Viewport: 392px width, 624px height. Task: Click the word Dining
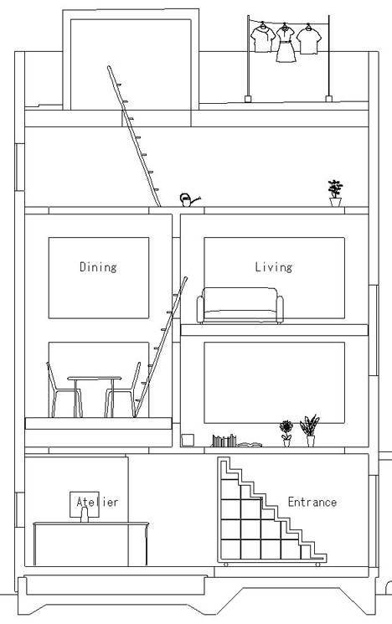[98, 266]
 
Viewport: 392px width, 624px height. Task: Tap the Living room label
[274, 266]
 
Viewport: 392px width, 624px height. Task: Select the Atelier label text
[97, 502]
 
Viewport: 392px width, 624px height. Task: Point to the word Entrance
[312, 502]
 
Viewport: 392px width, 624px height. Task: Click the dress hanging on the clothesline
[286, 44]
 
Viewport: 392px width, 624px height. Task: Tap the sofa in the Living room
[240, 305]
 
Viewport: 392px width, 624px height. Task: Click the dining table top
[95, 378]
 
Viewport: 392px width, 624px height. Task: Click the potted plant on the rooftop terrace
[335, 193]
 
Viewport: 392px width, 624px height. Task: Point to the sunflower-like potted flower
[286, 433]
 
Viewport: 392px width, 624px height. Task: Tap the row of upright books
[224, 441]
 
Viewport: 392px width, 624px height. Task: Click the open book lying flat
[250, 445]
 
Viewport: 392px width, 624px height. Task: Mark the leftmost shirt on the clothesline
[263, 39]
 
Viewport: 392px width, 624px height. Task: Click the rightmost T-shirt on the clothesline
[309, 40]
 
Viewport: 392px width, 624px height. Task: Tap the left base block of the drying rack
[248, 99]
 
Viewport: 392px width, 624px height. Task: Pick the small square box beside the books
[188, 441]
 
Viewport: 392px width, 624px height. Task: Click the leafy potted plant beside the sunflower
[310, 431]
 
